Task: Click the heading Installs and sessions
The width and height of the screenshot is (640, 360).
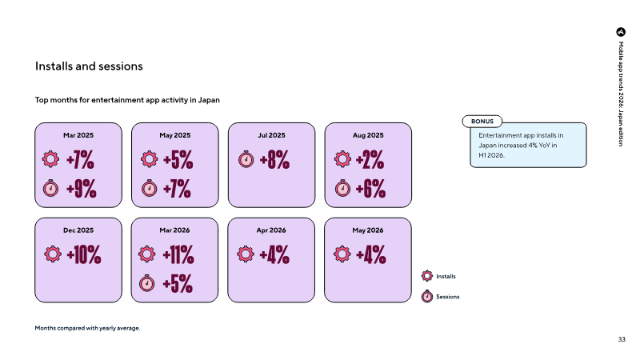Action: (x=89, y=66)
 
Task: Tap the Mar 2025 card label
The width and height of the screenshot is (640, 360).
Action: (x=78, y=135)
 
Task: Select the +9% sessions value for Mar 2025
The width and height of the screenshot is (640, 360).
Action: (x=82, y=189)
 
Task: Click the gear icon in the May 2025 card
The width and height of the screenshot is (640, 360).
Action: (x=150, y=158)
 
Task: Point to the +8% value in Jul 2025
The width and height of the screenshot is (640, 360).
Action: (x=274, y=159)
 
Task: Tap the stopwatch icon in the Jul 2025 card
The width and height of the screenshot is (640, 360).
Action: (x=246, y=159)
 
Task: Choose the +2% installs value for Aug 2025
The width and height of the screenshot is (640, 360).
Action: (x=370, y=159)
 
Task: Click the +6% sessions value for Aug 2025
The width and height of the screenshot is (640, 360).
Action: (x=370, y=189)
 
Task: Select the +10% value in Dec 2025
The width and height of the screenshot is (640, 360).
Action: (x=84, y=254)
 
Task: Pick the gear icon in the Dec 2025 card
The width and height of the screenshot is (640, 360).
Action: (x=53, y=254)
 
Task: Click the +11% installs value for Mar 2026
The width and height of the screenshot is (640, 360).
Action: (x=178, y=254)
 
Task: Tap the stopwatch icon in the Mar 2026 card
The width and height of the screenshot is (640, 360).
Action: (x=147, y=283)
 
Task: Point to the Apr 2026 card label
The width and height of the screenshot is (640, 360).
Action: (x=271, y=230)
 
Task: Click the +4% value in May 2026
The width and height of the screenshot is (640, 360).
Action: (x=371, y=254)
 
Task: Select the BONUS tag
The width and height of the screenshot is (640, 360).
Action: (x=482, y=122)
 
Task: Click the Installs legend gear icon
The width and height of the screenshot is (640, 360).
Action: (x=427, y=276)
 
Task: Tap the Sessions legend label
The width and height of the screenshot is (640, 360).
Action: (x=448, y=297)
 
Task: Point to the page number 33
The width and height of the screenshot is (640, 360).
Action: (x=622, y=339)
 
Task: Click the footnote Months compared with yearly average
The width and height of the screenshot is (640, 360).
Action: (x=87, y=328)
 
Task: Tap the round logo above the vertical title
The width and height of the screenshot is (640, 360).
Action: (x=621, y=32)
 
